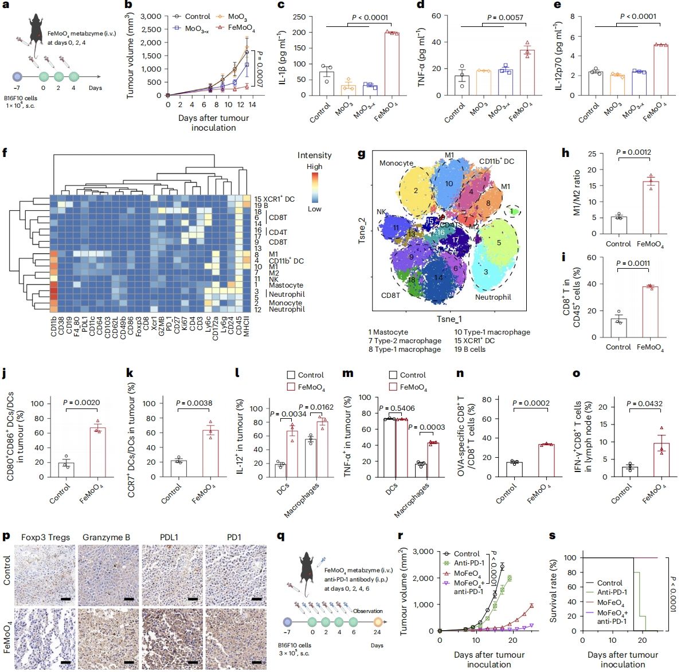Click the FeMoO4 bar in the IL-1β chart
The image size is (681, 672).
click(x=392, y=64)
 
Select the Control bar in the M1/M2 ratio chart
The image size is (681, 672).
click(x=618, y=225)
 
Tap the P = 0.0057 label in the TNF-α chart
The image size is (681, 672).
click(x=505, y=17)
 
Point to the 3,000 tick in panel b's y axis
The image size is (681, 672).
click(x=151, y=16)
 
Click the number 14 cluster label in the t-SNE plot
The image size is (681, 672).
click(x=439, y=278)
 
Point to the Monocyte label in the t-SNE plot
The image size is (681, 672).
click(x=396, y=163)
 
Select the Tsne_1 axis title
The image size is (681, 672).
click(x=448, y=319)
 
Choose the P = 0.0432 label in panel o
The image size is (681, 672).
click(x=644, y=403)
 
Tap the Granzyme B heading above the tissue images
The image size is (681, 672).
click(x=106, y=537)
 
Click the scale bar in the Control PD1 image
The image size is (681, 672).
click(x=256, y=600)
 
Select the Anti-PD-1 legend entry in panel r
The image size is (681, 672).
click(x=468, y=563)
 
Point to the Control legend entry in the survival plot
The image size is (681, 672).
click(x=609, y=583)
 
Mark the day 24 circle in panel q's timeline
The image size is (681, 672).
click(x=377, y=622)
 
